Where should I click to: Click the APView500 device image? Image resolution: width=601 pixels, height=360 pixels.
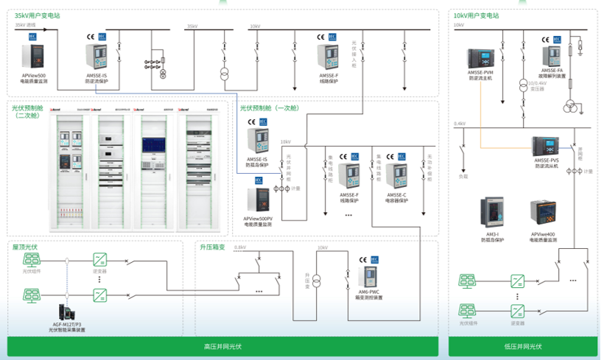tap(33, 58)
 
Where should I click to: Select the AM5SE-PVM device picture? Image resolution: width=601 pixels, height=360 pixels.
tap(480, 58)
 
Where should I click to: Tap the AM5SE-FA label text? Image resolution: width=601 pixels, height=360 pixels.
tap(551, 70)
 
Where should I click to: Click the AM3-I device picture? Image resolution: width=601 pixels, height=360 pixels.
tap(491, 214)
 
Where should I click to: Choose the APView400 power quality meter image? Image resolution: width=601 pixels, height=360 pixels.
tap(543, 214)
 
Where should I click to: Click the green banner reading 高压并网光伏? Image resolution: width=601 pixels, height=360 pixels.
tap(222, 347)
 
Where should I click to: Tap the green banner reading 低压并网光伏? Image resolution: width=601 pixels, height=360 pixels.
tap(523, 347)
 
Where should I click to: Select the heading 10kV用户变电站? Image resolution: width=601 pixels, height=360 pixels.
tap(476, 15)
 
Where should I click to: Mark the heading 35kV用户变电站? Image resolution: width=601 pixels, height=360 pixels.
tap(36, 15)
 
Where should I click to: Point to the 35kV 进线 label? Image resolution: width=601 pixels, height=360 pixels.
tap(25, 25)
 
